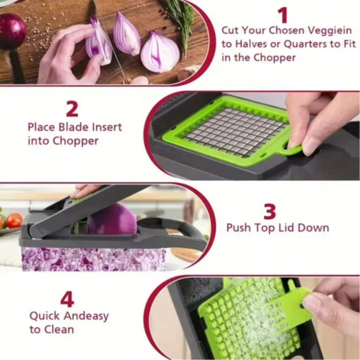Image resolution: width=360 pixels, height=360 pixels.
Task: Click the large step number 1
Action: pyautogui.click(x=282, y=15)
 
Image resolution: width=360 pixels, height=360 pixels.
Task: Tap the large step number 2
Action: pyautogui.click(x=72, y=109)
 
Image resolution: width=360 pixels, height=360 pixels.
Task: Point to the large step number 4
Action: pyautogui.click(x=67, y=299)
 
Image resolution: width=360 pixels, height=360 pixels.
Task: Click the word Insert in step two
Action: pyautogui.click(x=107, y=128)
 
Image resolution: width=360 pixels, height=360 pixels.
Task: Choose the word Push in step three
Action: pyautogui.click(x=239, y=228)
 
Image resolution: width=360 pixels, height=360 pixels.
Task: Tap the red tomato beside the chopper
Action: pyautogui.click(x=14, y=220)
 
